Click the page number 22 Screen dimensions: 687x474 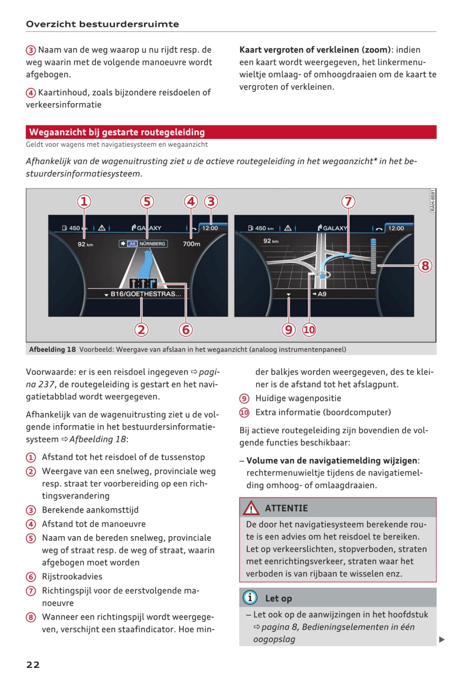33,665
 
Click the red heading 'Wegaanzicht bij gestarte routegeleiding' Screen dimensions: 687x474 117,132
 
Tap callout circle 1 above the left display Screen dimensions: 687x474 84,202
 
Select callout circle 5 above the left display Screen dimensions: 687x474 147,202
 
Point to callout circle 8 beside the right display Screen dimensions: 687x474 425,265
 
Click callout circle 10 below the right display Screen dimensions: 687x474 309,330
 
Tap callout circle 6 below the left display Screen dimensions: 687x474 186,330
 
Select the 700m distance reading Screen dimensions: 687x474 191,244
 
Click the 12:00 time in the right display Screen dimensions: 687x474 396,228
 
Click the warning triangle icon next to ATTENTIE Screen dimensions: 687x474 251,508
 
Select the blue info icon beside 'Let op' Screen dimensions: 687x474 250,598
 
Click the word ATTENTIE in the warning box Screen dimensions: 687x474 286,508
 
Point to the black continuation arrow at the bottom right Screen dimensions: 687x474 442,640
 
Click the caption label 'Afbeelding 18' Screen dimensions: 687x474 52,349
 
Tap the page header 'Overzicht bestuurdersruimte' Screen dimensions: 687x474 103,24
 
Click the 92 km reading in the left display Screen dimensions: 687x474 85,244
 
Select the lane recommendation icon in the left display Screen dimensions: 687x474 143,283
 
